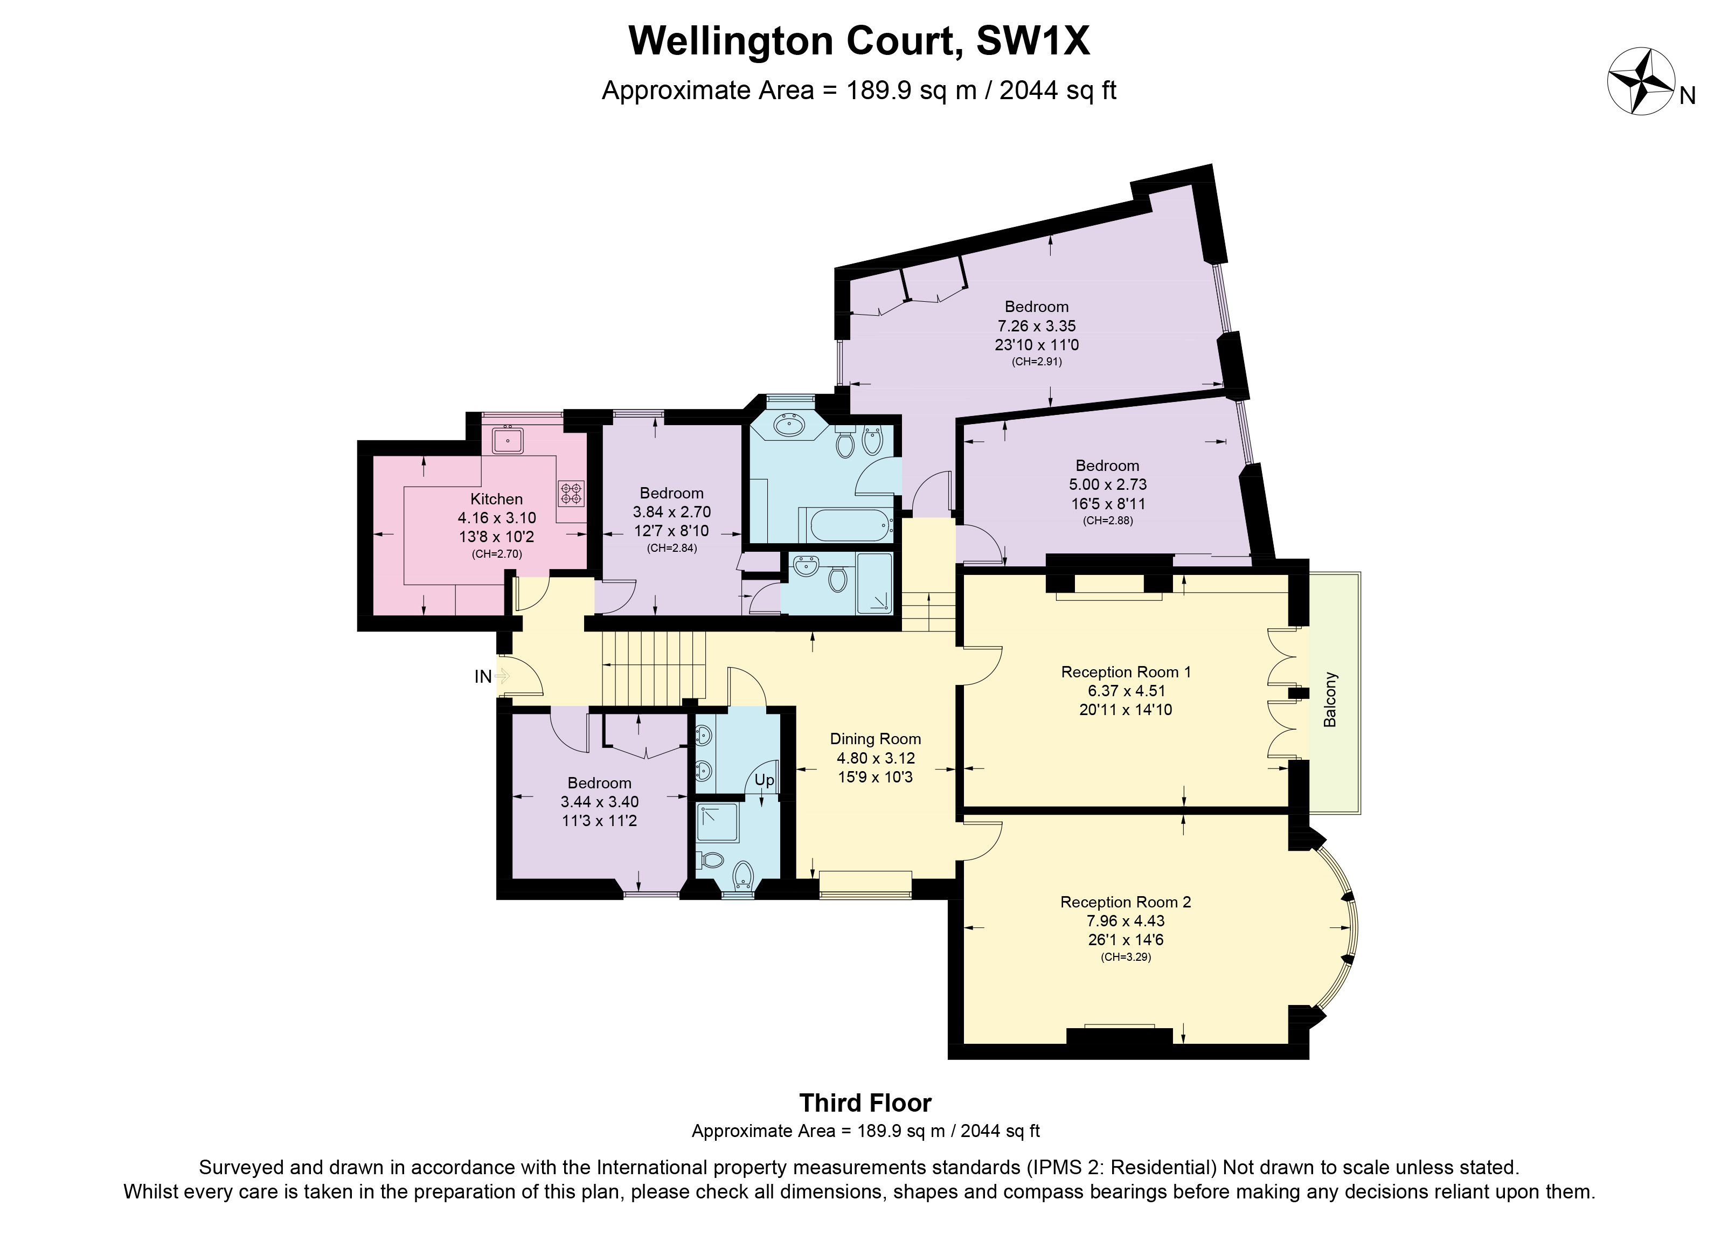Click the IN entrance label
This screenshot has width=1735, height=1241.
[483, 676]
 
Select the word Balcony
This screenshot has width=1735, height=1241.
[1330, 699]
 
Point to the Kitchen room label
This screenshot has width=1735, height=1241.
[497, 499]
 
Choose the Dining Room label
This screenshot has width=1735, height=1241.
[876, 739]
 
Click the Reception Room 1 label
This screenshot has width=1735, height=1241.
[1126, 672]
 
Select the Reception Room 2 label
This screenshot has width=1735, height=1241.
[1126, 902]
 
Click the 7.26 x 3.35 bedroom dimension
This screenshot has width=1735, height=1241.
[1037, 325]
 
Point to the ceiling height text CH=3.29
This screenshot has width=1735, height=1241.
[1126, 956]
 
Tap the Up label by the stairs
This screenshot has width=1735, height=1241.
[764, 780]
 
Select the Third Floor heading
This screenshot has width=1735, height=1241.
[865, 1103]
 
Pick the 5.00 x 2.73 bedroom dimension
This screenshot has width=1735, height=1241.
[1108, 484]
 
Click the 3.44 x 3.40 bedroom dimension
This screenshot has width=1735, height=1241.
[600, 802]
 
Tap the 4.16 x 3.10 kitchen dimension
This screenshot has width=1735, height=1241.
[497, 518]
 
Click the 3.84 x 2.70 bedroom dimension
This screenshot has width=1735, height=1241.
[671, 512]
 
